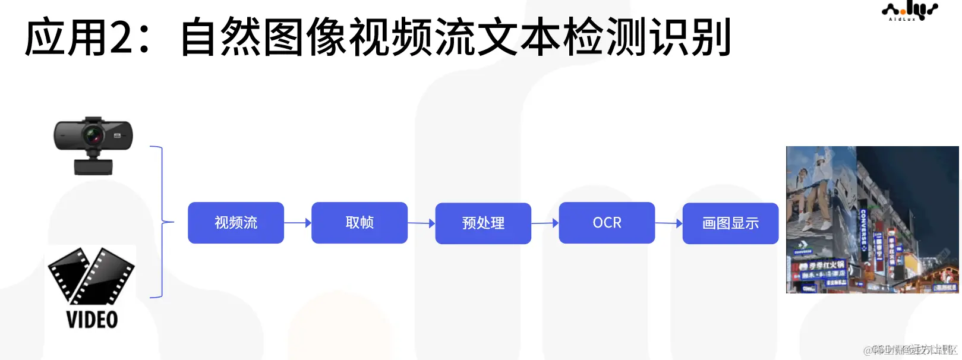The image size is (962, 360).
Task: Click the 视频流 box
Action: [x=236, y=223]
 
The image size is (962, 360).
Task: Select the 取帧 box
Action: [x=359, y=223]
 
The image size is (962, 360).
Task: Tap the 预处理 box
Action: [x=483, y=223]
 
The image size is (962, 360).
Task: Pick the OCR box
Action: [x=607, y=223]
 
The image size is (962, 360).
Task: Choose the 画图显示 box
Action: [x=730, y=223]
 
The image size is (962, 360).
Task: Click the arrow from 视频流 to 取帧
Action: [x=298, y=223]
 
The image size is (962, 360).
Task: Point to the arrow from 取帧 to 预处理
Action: [x=421, y=223]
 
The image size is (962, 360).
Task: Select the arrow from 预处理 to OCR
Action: [x=545, y=223]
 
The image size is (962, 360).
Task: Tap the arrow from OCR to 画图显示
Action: [x=668, y=223]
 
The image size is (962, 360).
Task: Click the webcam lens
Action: [x=94, y=136]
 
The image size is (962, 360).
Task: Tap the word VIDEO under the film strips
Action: [x=92, y=320]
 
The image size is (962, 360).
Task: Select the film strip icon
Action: [x=92, y=276]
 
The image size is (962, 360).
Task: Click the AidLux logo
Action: [x=909, y=11]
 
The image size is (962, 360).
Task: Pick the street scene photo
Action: [x=872, y=220]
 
